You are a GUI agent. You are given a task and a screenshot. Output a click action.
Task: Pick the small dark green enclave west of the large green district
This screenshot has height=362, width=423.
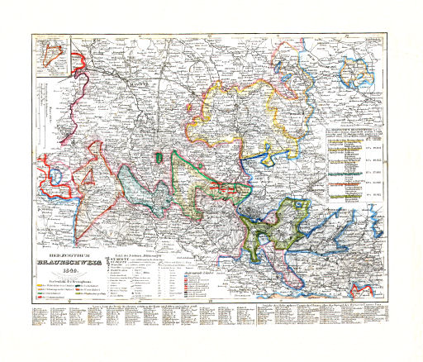click(x=156, y=157)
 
